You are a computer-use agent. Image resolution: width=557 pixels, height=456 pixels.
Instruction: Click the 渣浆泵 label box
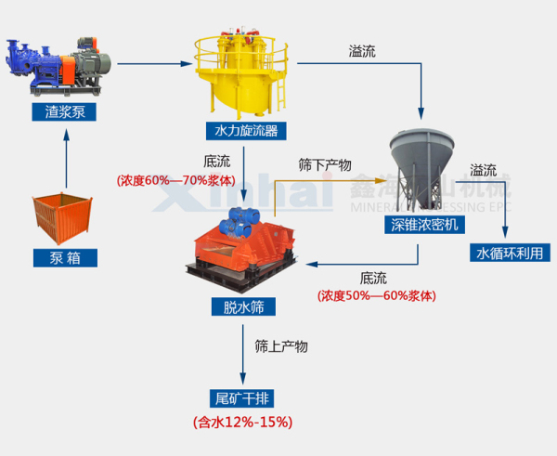point(64,113)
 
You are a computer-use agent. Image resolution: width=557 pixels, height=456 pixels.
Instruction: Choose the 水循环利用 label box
point(507,252)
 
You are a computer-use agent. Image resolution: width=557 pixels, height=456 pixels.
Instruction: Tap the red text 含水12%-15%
point(242,423)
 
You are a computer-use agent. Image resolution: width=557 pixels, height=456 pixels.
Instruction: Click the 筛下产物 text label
point(325,164)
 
